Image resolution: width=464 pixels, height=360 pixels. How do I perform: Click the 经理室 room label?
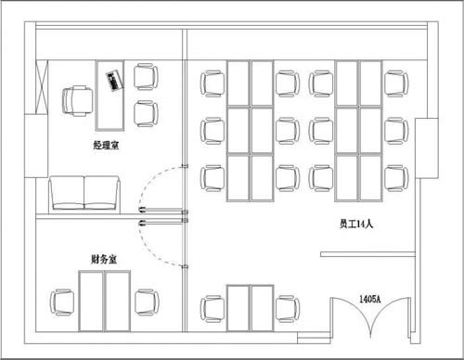(106, 145)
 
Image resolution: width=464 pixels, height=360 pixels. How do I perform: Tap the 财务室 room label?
(104, 259)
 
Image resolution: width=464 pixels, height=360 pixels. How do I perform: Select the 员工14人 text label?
(356, 224)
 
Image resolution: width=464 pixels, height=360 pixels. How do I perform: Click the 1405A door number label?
(370, 299)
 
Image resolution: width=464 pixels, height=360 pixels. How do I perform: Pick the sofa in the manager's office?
(84, 194)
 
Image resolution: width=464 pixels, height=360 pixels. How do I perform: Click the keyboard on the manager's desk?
(114, 81)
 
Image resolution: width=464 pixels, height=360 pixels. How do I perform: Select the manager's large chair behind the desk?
(77, 101)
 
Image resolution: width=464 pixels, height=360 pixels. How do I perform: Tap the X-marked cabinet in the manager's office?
(42, 87)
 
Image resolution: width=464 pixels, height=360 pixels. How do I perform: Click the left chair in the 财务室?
(62, 302)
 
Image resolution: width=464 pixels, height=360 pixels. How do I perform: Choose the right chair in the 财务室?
(147, 302)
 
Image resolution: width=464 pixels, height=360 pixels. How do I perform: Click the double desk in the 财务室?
(104, 302)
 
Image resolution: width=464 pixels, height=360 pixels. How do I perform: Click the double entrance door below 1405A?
(370, 315)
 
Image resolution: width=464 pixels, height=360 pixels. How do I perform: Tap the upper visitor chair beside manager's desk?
(146, 77)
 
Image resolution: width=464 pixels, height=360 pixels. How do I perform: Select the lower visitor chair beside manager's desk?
(146, 113)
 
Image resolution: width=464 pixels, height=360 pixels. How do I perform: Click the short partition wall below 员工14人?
(367, 254)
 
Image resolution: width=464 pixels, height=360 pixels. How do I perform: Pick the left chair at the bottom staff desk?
(213, 309)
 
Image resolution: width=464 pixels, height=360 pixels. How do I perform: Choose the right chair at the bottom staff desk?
(288, 309)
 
